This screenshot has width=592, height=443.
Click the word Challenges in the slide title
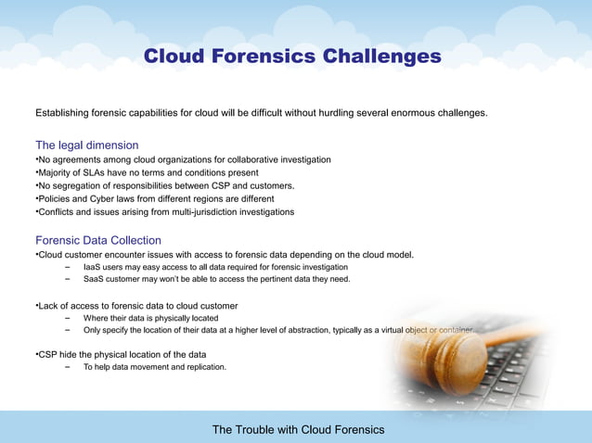click(381, 57)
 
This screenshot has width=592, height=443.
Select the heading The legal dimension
click(86, 146)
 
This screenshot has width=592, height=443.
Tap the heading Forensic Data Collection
click(97, 240)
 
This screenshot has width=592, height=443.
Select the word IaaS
click(92, 267)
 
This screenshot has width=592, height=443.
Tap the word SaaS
click(95, 278)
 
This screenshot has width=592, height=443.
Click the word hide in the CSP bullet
click(69, 354)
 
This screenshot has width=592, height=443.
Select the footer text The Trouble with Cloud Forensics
click(297, 430)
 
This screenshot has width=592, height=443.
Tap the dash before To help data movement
click(68, 367)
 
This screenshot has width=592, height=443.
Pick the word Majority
click(56, 172)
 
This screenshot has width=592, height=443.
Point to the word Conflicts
click(57, 211)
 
